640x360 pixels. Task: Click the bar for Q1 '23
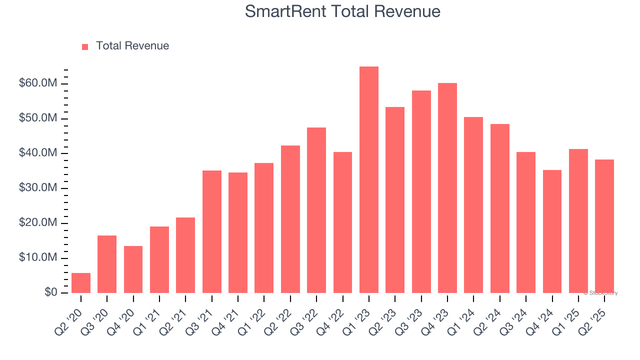369,180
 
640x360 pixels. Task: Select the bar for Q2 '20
81,283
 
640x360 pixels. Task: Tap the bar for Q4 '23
447,188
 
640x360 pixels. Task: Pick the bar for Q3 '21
212,231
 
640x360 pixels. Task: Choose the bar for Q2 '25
604,226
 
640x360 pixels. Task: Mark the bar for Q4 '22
343,222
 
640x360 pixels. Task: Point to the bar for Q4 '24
552,231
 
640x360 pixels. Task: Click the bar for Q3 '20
107,264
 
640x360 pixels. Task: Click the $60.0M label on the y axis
38,83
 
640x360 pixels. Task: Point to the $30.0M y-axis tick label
38,188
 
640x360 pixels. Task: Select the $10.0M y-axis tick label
38,258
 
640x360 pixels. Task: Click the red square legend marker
85,46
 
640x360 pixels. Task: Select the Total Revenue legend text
132,46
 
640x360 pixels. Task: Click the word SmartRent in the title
283,11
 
